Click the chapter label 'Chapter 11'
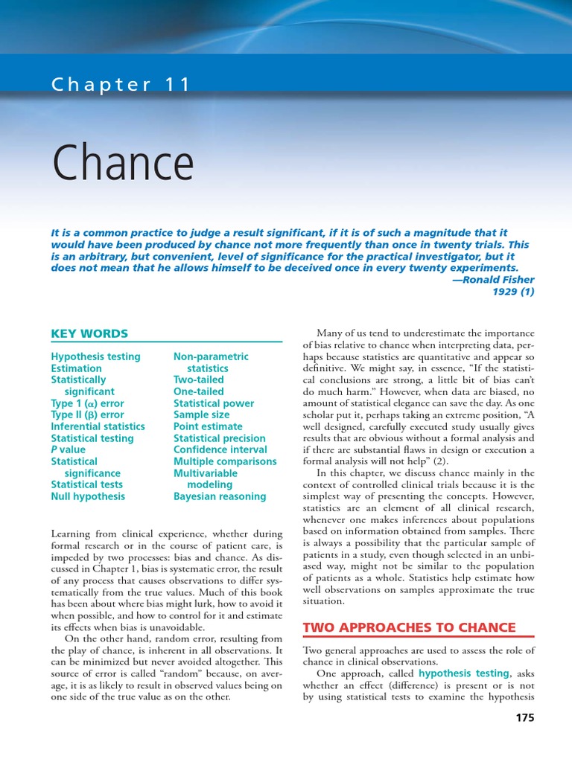121,85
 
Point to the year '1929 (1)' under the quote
513,292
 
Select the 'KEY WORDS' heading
89,333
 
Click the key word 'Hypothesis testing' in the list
95,356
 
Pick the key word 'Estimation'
76,368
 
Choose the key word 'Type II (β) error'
87,414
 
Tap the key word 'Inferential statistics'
98,426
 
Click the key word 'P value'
68,449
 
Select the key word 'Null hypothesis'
88,496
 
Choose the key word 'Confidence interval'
220,449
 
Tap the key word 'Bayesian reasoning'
219,496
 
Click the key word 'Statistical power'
214,403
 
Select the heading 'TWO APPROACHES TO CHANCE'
409,627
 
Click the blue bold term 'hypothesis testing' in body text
463,673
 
